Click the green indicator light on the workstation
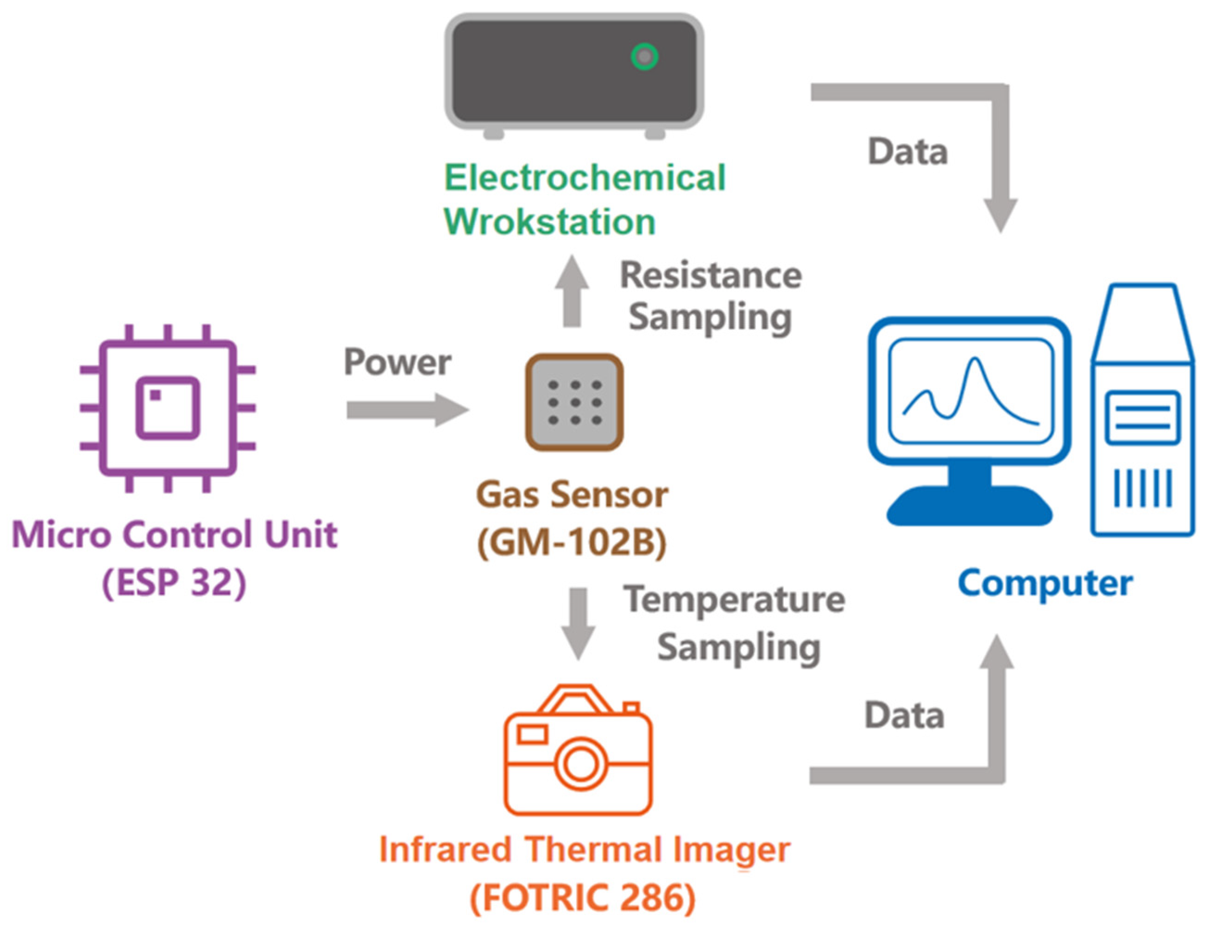[644, 56]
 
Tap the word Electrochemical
[585, 178]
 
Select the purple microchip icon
[167, 408]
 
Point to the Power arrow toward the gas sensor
[408, 410]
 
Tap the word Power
[397, 363]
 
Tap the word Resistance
[711, 275]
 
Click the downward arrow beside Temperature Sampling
[578, 623]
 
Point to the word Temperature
[734, 599]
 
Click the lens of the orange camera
[579, 764]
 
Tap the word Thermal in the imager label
[586, 850]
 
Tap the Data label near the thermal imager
[904, 716]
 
